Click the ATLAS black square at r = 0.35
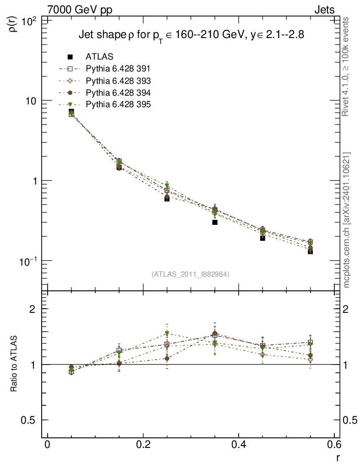point(214,222)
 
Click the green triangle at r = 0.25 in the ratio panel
point(167,333)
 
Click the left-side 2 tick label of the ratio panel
point(33,309)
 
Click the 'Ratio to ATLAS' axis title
point(14,364)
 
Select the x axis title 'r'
point(338,458)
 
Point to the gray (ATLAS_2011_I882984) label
point(191,274)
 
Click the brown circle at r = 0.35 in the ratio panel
point(215,333)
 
